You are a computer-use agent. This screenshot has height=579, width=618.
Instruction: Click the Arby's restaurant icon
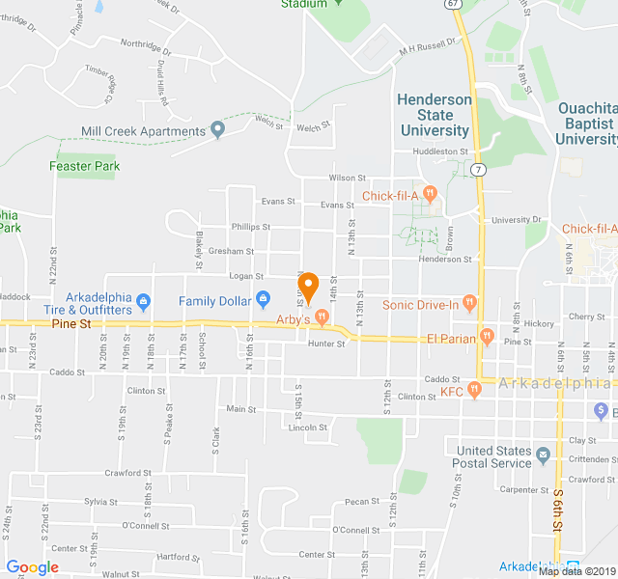(x=323, y=317)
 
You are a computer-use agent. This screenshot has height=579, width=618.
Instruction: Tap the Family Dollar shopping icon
(x=263, y=301)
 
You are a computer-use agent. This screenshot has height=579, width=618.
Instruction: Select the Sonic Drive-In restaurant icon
(x=470, y=304)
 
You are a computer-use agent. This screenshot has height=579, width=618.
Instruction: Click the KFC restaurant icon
(x=474, y=390)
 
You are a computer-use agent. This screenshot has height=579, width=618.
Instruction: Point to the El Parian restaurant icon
(x=487, y=337)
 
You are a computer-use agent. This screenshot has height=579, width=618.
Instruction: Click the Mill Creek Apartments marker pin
(x=218, y=129)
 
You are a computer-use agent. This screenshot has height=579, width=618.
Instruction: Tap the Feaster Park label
(x=85, y=166)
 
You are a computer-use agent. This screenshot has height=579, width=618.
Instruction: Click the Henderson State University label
(x=435, y=115)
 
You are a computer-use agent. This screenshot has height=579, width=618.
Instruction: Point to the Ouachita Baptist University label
(x=586, y=124)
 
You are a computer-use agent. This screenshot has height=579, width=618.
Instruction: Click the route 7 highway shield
(x=478, y=171)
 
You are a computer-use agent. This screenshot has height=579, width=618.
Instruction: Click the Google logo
(x=33, y=567)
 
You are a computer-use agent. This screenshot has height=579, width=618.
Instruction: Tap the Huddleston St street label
(x=439, y=152)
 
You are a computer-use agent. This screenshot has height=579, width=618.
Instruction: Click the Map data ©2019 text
(x=576, y=571)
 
